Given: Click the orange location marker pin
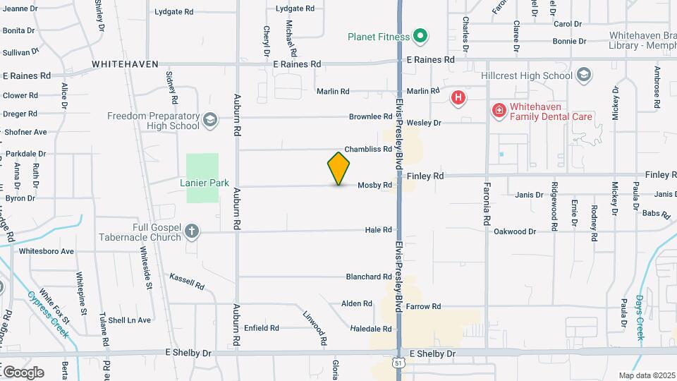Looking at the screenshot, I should (x=339, y=168).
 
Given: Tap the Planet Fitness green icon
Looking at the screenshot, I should (x=421, y=36).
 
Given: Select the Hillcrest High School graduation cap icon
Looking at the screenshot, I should (x=583, y=75).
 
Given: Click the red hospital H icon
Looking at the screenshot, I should (x=458, y=97).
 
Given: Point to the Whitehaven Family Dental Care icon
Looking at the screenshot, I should (x=499, y=111).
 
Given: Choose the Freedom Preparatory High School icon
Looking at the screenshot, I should (x=209, y=121).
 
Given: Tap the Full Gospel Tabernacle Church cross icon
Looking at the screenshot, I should (x=192, y=231).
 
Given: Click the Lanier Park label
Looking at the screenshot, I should (x=205, y=183).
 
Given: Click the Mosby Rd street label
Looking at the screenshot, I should (x=374, y=186).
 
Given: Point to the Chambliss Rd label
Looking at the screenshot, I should (x=367, y=149).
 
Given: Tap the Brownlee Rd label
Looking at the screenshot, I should (x=370, y=116).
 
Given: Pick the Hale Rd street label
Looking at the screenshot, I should (x=378, y=230).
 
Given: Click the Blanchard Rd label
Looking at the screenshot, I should (x=368, y=277).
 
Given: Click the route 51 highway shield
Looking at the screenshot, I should (x=399, y=363).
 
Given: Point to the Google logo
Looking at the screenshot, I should (x=23, y=372).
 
